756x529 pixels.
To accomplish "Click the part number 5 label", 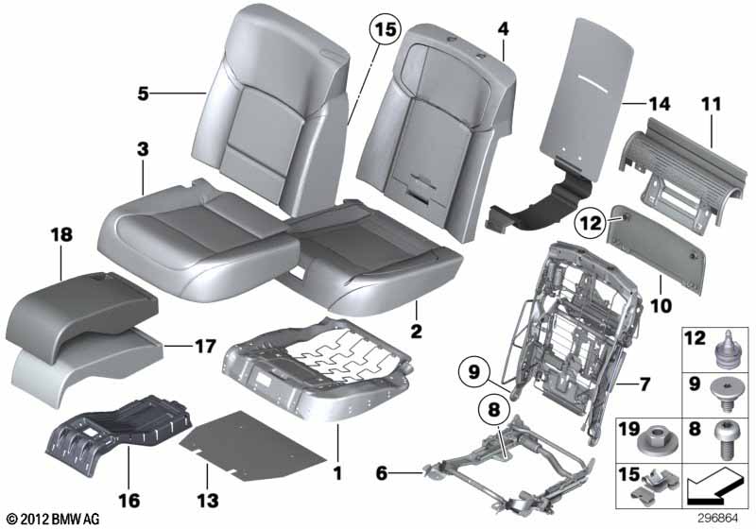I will pyautogui.click(x=143, y=93).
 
